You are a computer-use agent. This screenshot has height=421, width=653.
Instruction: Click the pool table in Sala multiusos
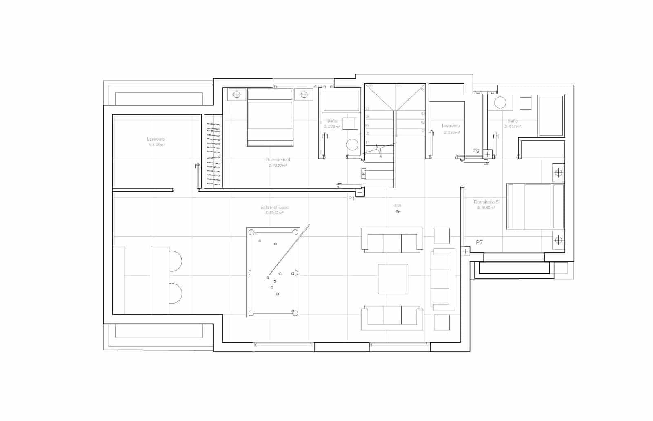[x=273, y=273]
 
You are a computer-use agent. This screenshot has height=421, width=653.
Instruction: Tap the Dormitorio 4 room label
[x=278, y=160]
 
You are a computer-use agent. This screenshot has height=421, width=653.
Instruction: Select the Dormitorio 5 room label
[x=486, y=202]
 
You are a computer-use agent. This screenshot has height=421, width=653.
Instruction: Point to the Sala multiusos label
[x=274, y=207]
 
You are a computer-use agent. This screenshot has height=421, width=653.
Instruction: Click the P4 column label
[x=352, y=199]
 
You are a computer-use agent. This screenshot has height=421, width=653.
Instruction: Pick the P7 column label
[x=479, y=242]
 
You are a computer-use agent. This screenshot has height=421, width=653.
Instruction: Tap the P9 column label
[x=475, y=151]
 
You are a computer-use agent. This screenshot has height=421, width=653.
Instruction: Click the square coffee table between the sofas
[x=393, y=279]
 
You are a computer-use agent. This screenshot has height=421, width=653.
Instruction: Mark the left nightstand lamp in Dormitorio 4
[x=237, y=95]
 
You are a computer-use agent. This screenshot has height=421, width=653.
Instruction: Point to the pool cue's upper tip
[x=309, y=225]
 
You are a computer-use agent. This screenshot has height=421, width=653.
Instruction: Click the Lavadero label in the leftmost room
[x=156, y=139]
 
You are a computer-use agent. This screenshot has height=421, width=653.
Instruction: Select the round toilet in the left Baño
[x=352, y=144]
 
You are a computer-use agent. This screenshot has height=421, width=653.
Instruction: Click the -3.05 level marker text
[x=397, y=205]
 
